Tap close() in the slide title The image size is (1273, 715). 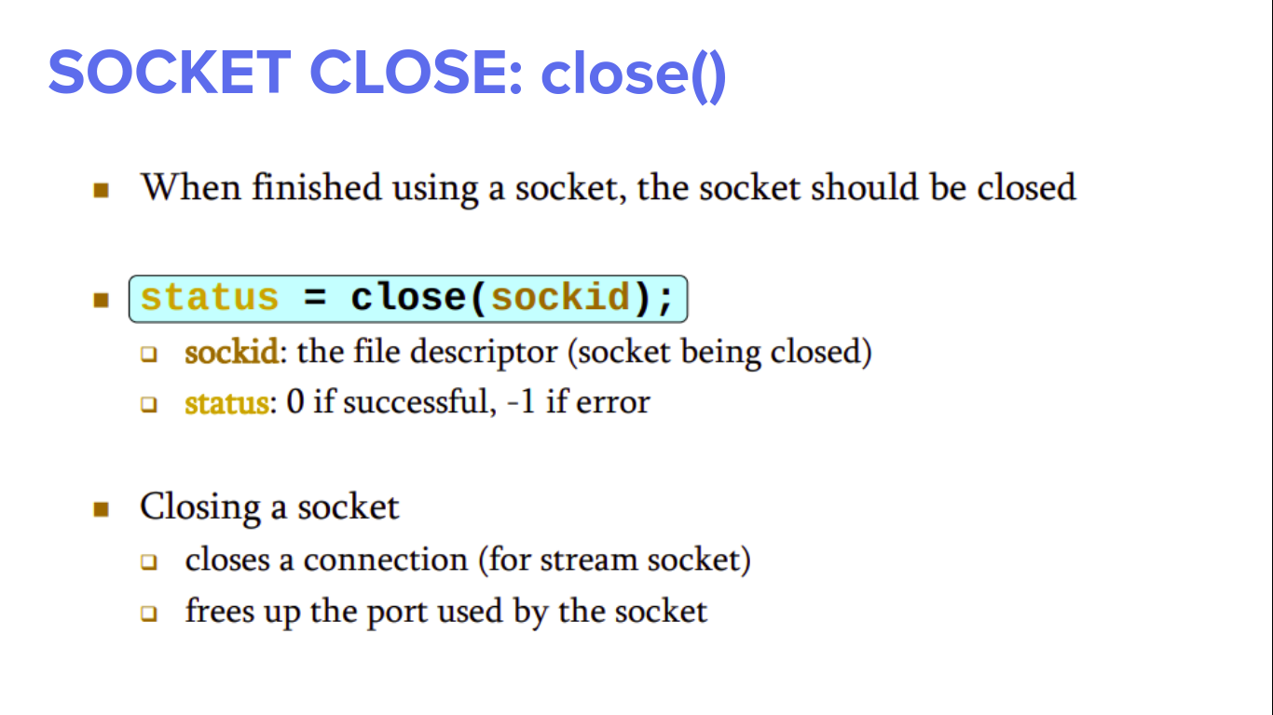(633, 74)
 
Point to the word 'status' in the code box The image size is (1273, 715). (210, 298)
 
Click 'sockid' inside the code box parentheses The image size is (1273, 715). (561, 298)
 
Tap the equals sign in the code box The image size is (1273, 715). (314, 298)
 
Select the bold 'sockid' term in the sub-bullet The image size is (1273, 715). (231, 353)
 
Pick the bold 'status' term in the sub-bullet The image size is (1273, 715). (226, 403)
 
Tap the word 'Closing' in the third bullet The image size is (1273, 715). (199, 508)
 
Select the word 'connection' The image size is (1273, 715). (385, 560)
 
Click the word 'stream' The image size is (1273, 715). (578, 560)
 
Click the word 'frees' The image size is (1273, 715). (213, 612)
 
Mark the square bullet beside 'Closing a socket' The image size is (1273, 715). (102, 509)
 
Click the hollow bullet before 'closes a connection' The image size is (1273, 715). (149, 562)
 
